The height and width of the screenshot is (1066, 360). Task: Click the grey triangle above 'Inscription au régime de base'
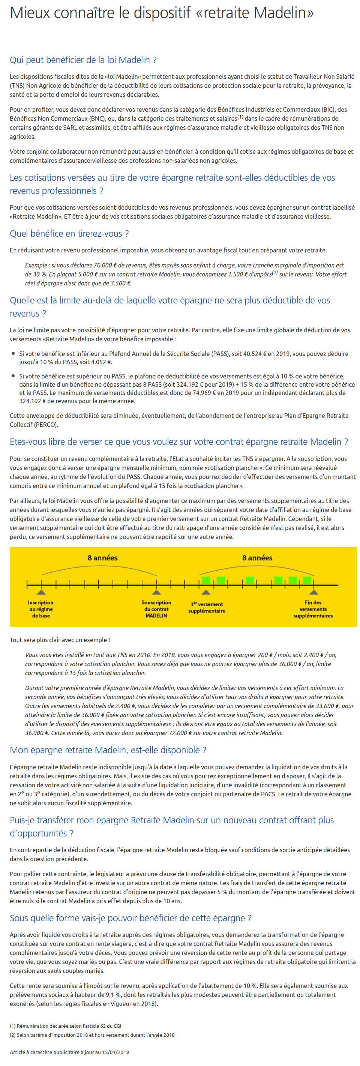coord(41,592)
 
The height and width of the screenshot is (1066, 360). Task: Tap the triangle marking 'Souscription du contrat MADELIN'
coord(156,592)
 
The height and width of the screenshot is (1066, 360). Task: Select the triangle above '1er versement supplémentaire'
coord(205,592)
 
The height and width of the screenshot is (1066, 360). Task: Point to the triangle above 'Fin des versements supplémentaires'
coord(313,592)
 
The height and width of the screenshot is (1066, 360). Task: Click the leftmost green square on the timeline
coord(206,580)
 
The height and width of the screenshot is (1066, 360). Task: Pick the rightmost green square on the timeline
coord(307,580)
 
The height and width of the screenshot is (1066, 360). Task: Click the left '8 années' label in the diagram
coord(103,558)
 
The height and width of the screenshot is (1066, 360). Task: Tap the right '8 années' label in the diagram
coord(257,558)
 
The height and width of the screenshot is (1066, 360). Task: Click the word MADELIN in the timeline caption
coord(156,616)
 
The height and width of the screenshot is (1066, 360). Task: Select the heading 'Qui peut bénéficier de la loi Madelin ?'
coord(83,60)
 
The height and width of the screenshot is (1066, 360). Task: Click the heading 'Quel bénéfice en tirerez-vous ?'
coord(69,233)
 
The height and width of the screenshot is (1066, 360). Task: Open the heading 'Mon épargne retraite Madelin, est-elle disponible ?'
coord(108,750)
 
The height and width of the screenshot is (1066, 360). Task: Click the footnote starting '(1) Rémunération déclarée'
coord(65,1026)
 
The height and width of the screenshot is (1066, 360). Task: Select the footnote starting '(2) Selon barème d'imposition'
coord(92,1035)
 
